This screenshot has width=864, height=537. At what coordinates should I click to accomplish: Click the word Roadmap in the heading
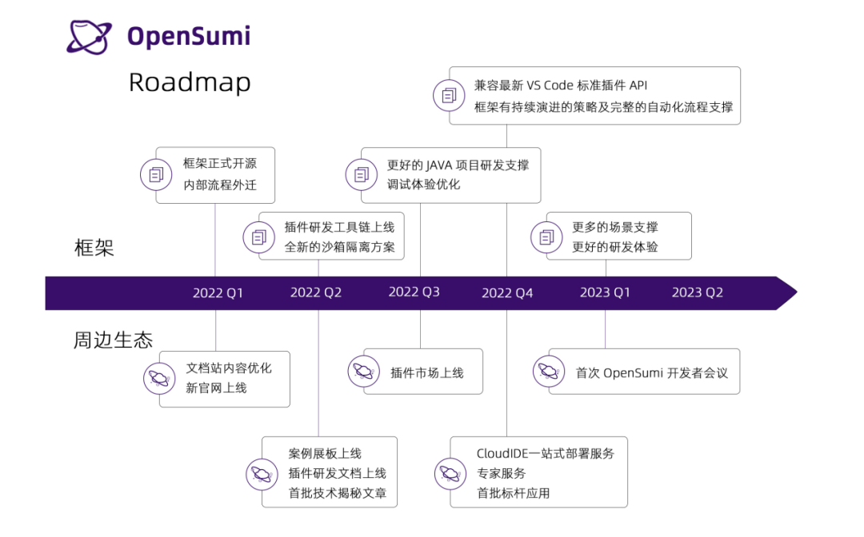pos(190,82)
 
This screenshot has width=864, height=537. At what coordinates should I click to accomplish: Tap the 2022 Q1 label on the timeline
pos(218,293)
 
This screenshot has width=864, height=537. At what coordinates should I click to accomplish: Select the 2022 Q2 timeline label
pos(316,293)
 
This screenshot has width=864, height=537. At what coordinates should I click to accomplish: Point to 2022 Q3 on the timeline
pos(414,292)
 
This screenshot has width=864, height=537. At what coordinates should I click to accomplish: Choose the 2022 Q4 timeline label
pos(507,293)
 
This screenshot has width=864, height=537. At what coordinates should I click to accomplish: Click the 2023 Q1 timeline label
pos(605,292)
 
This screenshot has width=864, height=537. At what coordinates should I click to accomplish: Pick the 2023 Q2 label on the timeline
pos(698,292)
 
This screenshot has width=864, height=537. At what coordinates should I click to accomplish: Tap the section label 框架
pos(94,248)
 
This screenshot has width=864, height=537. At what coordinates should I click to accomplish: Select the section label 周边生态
pos(113,340)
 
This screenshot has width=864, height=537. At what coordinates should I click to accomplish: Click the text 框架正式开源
pos(220,164)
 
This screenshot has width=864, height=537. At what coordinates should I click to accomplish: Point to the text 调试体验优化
pos(424,185)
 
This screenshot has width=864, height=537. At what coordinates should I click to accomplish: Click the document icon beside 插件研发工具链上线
pos(259,237)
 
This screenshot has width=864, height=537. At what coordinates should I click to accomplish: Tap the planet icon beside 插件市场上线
pos(363,371)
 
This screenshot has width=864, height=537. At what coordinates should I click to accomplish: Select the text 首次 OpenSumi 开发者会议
pos(652,372)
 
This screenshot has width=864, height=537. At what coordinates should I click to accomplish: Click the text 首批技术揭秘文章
pos(338,494)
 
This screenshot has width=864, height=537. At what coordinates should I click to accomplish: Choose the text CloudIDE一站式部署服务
pos(546,454)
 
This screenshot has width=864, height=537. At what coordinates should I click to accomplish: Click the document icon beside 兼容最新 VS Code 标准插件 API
pos(449,96)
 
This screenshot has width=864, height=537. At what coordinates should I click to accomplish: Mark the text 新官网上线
pos(217,388)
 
